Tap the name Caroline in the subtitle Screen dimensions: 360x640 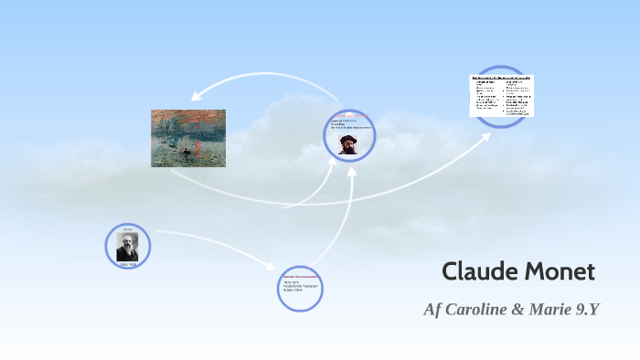(x=475, y=309)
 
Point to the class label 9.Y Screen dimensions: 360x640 (x=582, y=309)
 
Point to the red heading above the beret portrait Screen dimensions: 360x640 (x=351, y=115)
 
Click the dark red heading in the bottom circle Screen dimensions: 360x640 (x=300, y=275)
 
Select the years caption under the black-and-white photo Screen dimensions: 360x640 (x=127, y=264)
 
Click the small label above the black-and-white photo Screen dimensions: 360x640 (x=127, y=228)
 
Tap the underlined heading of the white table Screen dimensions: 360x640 (x=501, y=78)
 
